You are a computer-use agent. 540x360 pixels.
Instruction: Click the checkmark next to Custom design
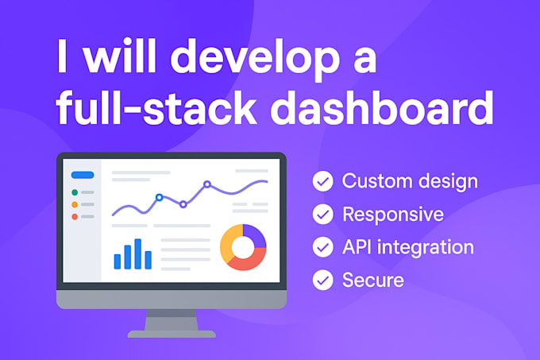click(322, 182)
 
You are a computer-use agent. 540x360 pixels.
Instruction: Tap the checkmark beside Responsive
click(322, 215)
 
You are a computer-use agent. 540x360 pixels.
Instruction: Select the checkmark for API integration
click(322, 247)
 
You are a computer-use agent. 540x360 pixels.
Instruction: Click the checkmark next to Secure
click(322, 280)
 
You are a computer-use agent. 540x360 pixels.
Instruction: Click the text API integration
click(407, 247)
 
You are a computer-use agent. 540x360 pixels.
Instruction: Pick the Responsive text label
click(392, 215)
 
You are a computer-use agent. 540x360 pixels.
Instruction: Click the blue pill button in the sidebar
click(83, 175)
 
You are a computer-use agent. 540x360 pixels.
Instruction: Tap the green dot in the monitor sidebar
click(75, 192)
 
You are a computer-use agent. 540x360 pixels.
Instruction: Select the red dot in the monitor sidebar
click(75, 216)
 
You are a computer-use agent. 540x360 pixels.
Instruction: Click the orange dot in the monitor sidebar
click(75, 204)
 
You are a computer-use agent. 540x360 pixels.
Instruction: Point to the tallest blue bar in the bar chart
click(137, 254)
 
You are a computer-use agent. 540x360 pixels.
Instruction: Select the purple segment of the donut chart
click(254, 236)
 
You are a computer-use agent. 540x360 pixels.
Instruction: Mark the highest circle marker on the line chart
click(207, 184)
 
